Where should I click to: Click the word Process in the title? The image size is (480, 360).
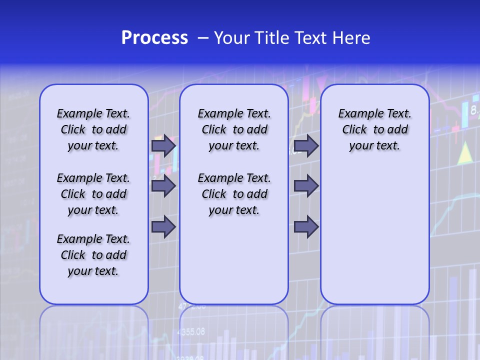tap(154, 38)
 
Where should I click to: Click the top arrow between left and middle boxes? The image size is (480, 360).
tap(163, 145)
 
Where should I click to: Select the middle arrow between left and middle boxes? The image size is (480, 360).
tap(163, 186)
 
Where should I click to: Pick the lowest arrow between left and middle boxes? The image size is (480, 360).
tap(163, 226)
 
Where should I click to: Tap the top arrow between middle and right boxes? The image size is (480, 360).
tap(306, 145)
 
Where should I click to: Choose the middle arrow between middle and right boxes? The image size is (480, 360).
tap(306, 186)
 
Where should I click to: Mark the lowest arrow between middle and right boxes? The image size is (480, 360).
tap(306, 227)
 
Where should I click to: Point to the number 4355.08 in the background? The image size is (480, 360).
tap(191, 331)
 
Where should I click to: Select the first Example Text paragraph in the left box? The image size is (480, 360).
tap(93, 129)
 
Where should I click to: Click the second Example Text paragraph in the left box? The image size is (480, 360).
tap(93, 194)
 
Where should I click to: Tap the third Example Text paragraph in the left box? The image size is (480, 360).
tap(93, 255)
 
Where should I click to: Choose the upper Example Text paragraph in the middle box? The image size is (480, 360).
tap(234, 129)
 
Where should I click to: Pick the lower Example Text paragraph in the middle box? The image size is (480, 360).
tap(234, 194)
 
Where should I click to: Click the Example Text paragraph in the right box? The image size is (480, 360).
tap(375, 129)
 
